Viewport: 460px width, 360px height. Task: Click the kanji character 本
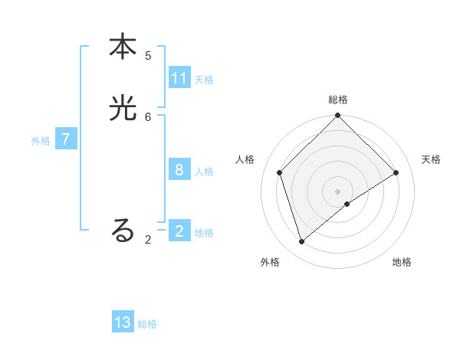point(123,47)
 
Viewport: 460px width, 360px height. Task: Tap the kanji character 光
point(123,109)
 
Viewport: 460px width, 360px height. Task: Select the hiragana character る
point(123,231)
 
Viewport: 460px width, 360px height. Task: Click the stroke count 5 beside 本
point(148,56)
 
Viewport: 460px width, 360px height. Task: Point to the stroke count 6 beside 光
point(148,117)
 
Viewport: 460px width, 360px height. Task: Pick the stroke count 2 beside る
point(148,240)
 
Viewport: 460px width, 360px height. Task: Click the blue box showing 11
point(179,78)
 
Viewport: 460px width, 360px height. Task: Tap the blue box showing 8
point(179,170)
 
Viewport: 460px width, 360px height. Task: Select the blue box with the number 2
point(179,231)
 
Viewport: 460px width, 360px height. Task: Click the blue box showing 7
point(66,139)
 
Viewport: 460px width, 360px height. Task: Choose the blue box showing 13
point(123,322)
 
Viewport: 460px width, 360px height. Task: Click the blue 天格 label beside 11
point(204,80)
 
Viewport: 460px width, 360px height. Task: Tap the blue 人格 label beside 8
point(204,172)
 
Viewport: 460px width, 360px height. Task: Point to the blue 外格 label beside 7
point(41,141)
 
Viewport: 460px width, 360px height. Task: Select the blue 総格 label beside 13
point(147,324)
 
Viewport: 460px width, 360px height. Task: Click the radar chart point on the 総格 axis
point(337,116)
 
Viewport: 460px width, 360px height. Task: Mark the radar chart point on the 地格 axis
point(347,204)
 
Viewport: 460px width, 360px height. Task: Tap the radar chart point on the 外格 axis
point(302,242)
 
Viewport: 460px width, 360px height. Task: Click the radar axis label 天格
point(431,159)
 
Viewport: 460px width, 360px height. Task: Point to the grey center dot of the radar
point(337,191)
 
